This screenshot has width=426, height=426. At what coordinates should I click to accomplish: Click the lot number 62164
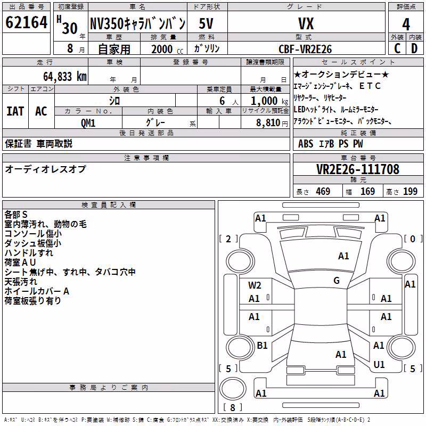(x=26, y=22)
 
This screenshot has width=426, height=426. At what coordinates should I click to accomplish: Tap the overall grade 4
(x=406, y=24)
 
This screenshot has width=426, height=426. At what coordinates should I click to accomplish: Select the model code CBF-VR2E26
(x=305, y=49)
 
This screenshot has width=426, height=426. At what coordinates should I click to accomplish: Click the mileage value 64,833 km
(x=65, y=76)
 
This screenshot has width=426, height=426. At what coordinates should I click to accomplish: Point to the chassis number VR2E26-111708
(x=358, y=169)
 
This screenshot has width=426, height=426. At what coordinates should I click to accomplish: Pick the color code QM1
(x=88, y=123)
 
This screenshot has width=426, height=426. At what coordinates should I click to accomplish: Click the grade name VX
(x=306, y=23)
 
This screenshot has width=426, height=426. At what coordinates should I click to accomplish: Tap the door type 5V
(x=206, y=23)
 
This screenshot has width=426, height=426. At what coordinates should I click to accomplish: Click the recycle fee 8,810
(x=268, y=123)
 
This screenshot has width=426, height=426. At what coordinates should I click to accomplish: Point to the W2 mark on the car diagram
(x=255, y=285)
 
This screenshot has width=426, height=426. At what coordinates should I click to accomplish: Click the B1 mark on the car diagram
(x=262, y=345)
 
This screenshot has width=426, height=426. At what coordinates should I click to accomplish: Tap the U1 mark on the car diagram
(x=379, y=364)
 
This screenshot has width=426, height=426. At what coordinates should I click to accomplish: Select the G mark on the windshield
(x=337, y=281)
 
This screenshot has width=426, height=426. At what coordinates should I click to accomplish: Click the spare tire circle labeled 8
(x=233, y=389)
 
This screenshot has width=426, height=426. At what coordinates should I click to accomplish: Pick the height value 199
(x=410, y=191)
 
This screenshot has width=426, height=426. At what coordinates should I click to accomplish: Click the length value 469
(x=323, y=191)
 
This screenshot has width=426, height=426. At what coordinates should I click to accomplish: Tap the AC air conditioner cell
(x=41, y=111)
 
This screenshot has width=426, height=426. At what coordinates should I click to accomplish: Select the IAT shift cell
(x=15, y=111)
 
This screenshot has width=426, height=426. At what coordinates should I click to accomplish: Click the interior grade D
(x=414, y=48)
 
